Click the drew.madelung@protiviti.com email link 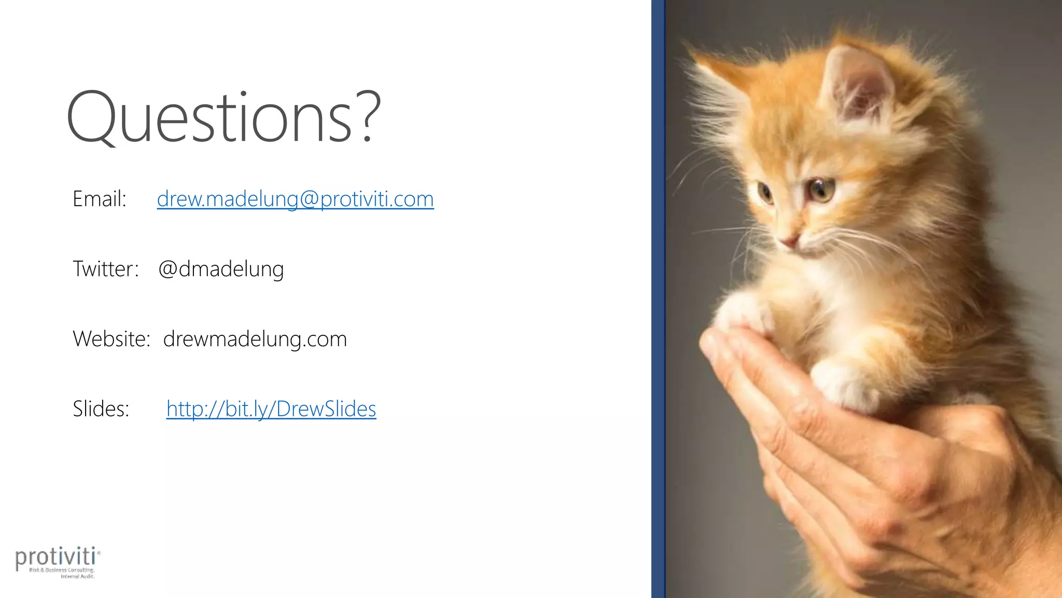pyautogui.click(x=295, y=199)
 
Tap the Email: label pyautogui.click(x=100, y=199)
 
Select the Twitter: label pyautogui.click(x=106, y=269)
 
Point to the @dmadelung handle pyautogui.click(x=221, y=269)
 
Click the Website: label pyautogui.click(x=111, y=339)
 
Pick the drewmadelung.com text pyautogui.click(x=255, y=339)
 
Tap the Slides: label pyautogui.click(x=101, y=409)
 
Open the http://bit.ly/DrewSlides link pyautogui.click(x=271, y=409)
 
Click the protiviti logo pyautogui.click(x=58, y=561)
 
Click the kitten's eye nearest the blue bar pyautogui.click(x=764, y=192)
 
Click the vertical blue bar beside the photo pyautogui.click(x=658, y=299)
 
